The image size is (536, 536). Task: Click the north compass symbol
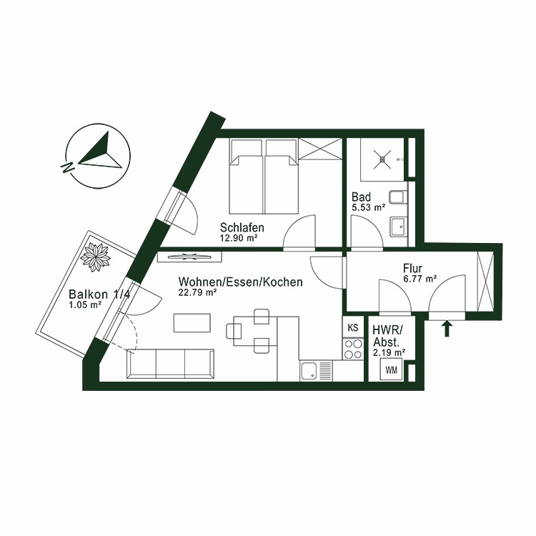(99, 159)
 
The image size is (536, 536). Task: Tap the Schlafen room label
(242, 228)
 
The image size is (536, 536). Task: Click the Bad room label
(361, 197)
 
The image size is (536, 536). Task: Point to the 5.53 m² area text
(368, 207)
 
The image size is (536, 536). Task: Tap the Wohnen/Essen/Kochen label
(240, 282)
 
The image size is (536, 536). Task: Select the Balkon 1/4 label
(99, 294)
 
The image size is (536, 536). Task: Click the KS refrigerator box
(352, 328)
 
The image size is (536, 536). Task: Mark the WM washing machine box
(392, 369)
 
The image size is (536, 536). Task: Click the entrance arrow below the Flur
(448, 329)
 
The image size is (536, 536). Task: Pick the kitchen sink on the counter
(309, 370)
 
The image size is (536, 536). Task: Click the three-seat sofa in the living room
(170, 364)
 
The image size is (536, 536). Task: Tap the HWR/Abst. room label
(388, 335)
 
